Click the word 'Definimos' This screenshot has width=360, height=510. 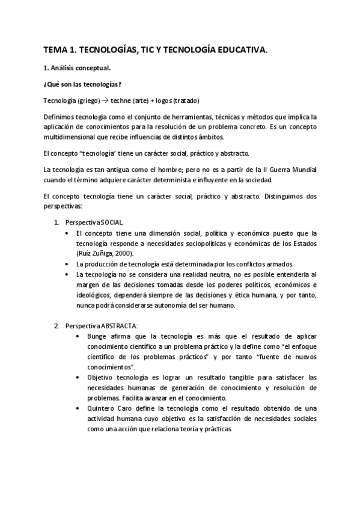tap(60, 116)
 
